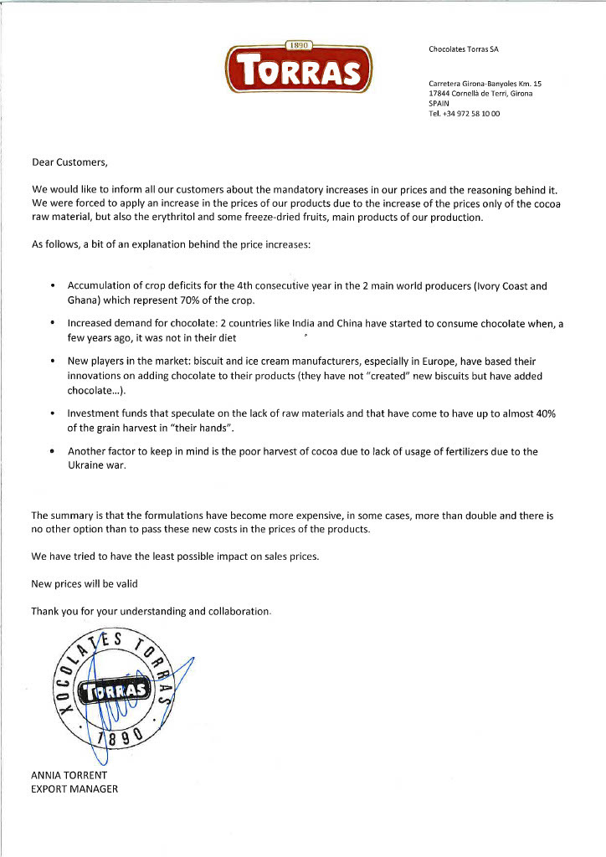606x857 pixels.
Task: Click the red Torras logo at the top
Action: point(298,67)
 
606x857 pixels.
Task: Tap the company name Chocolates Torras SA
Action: point(463,49)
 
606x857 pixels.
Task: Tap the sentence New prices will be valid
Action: point(84,583)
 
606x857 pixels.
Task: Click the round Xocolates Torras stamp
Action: point(114,690)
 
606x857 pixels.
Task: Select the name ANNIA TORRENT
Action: point(69,775)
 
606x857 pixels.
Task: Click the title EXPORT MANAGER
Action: point(74,788)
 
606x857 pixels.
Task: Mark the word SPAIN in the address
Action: point(439,103)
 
